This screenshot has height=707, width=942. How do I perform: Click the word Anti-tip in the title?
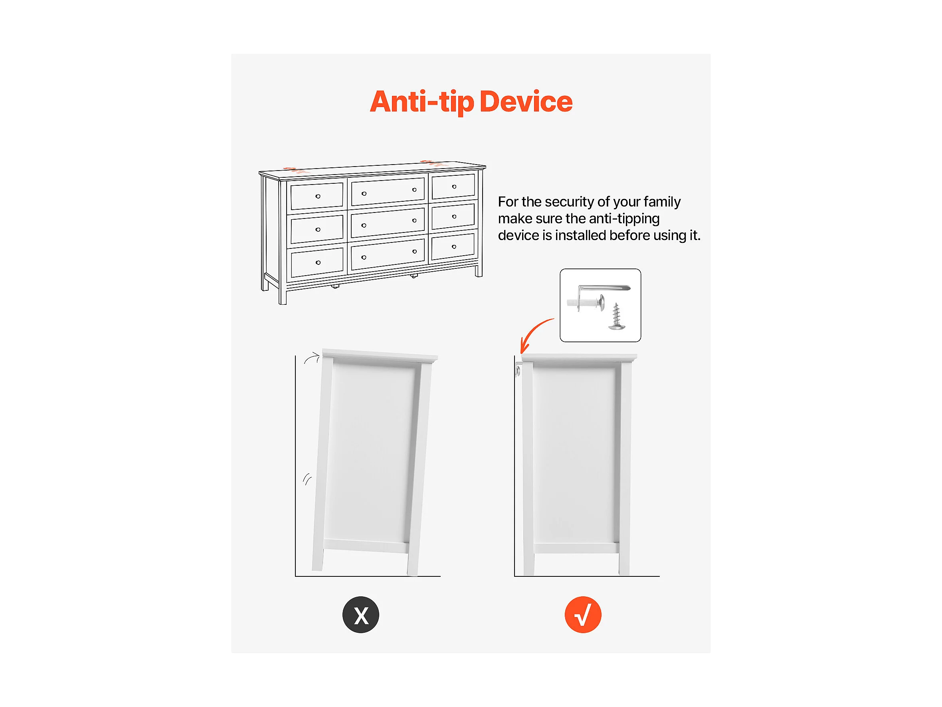(422, 102)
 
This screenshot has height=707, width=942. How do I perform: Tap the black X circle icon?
(361, 614)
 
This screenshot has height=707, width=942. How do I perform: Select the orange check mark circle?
(583, 614)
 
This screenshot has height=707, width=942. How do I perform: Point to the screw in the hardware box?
(616, 316)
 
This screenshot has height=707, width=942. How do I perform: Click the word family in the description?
(662, 202)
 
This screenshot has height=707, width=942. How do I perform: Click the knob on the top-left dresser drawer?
(318, 196)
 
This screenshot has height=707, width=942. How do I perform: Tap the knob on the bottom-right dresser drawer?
(454, 247)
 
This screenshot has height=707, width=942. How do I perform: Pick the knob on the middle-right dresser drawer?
(454, 216)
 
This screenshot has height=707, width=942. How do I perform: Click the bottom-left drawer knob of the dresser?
(318, 262)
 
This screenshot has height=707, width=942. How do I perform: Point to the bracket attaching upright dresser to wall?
(518, 369)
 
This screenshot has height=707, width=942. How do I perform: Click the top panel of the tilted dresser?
(380, 356)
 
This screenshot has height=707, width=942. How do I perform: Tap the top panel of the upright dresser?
(579, 357)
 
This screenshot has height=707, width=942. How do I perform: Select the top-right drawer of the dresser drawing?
(453, 187)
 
